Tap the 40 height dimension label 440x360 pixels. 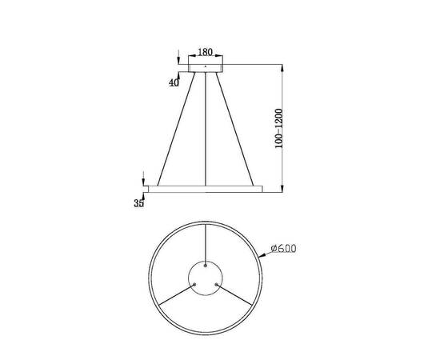pyautogui.click(x=175, y=82)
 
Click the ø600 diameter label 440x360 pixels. pyautogui.click(x=283, y=249)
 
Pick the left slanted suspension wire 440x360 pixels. pyautogui.click(x=177, y=128)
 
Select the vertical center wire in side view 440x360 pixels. pyautogui.click(x=206, y=128)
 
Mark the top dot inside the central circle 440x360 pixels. pyautogui.click(x=206, y=264)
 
